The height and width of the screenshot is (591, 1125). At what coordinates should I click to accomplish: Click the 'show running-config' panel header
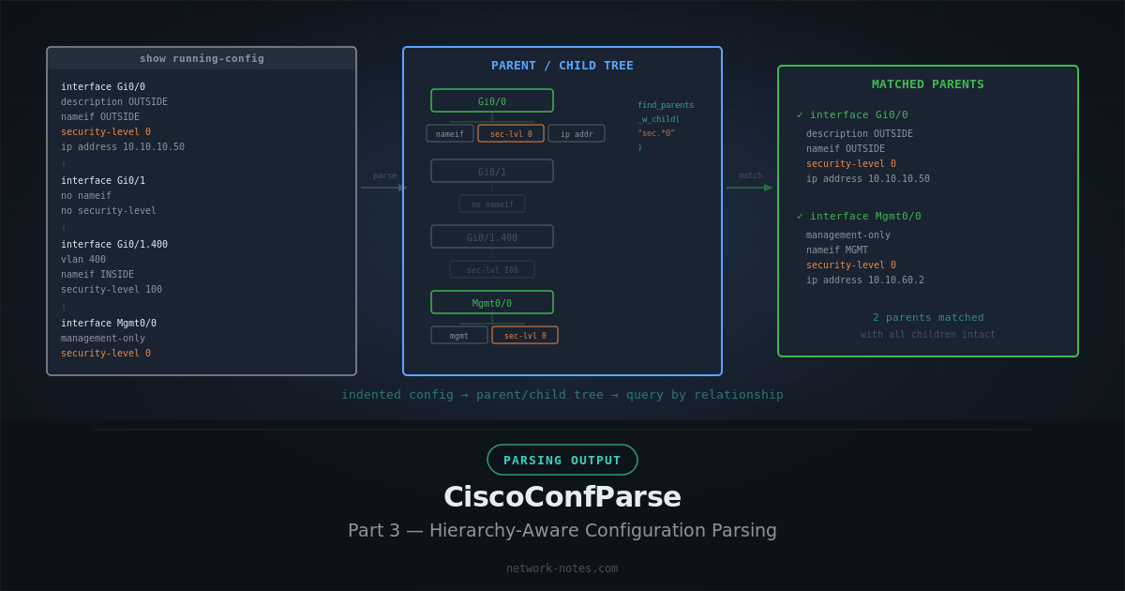(202, 58)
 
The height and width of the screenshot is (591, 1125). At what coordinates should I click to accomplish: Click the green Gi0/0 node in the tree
(492, 100)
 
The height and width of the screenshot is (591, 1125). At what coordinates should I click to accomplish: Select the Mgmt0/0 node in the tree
(492, 302)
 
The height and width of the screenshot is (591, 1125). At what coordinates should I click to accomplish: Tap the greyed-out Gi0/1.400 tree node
(492, 236)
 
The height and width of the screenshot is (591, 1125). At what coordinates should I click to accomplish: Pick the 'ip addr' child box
(577, 133)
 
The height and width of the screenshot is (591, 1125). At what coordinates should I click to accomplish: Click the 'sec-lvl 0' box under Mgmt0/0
(525, 335)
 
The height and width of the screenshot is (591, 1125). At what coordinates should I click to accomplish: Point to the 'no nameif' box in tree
(492, 204)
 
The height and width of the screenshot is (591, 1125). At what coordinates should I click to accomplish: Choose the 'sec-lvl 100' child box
(492, 269)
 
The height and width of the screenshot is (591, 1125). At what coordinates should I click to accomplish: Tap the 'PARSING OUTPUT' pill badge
(562, 460)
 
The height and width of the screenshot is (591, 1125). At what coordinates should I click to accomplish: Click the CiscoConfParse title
(562, 496)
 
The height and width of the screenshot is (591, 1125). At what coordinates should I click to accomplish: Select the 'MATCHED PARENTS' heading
(928, 83)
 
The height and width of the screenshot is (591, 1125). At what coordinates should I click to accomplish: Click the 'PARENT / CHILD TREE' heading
(562, 65)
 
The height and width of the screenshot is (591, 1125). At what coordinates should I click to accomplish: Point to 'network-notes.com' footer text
(562, 568)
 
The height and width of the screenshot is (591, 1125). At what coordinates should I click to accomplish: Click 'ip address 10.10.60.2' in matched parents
(864, 280)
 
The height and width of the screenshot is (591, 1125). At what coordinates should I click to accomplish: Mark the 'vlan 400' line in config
(83, 259)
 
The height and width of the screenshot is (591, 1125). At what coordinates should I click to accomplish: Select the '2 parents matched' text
(928, 317)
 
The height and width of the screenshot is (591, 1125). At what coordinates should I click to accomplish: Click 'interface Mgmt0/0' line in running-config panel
(109, 323)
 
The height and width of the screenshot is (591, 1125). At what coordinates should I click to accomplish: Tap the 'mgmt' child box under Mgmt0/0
(459, 335)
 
